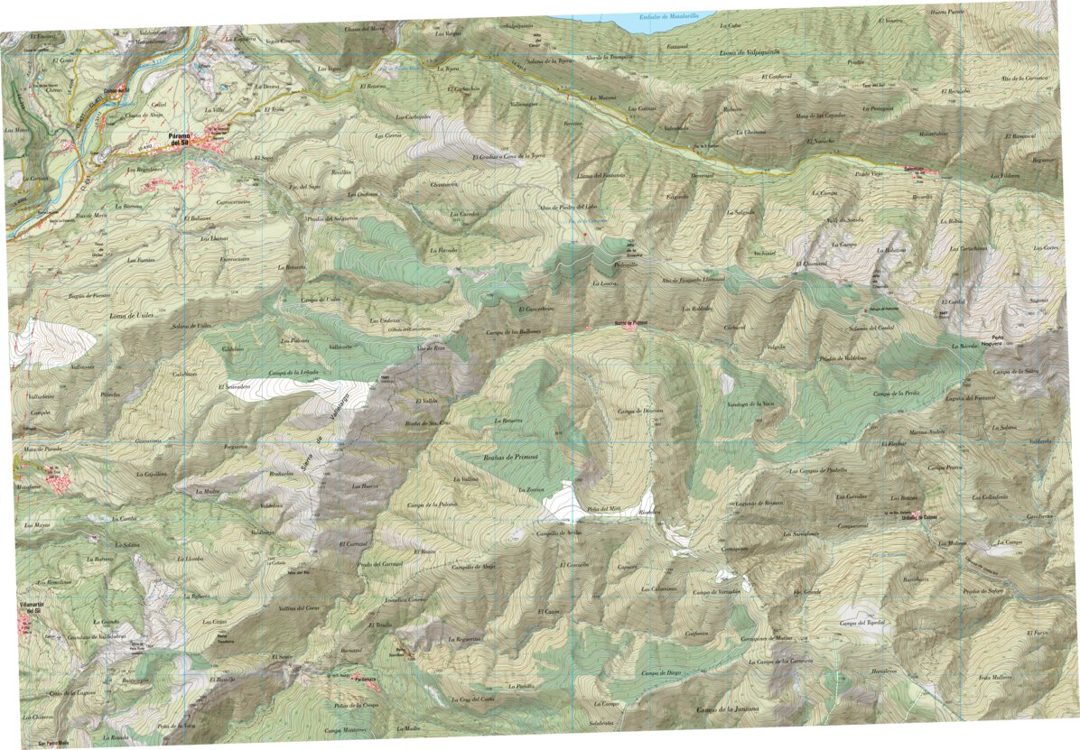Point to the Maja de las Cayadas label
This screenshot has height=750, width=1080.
(x=819, y=116)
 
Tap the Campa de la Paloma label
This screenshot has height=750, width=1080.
(x=428, y=505)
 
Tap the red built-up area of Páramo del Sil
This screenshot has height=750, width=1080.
(x=215, y=144)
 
